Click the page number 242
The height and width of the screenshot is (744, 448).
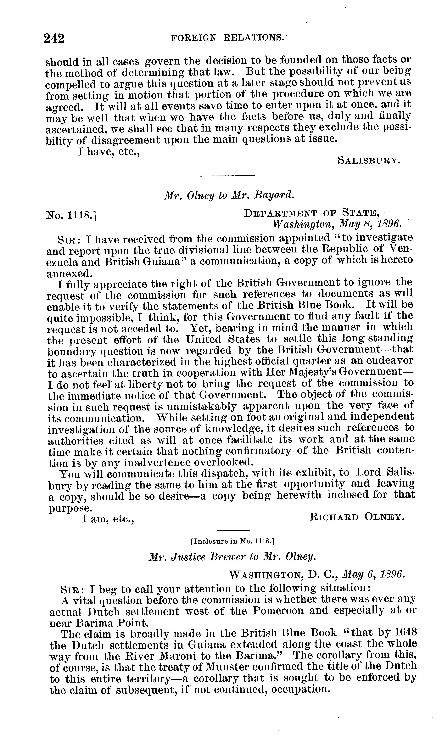click(54, 39)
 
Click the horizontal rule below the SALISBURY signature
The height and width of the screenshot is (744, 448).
click(228, 176)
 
